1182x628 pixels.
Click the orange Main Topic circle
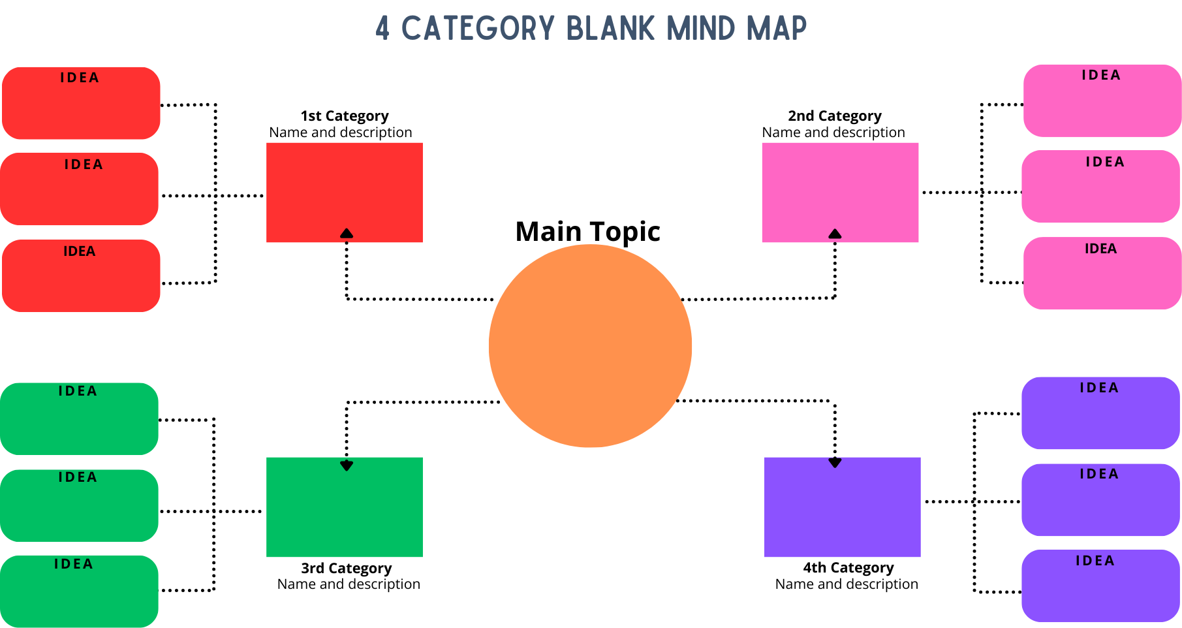pos(590,346)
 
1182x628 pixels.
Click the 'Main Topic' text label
pos(587,232)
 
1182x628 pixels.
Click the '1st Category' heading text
pos(345,116)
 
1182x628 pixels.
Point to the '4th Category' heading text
pos(848,567)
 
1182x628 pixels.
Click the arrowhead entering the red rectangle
pos(347,233)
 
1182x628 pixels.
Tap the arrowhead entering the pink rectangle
pos(835,234)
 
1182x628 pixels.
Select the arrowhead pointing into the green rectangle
pos(347,465)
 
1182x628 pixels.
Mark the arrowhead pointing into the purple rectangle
pos(835,463)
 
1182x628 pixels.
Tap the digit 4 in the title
pos(382,29)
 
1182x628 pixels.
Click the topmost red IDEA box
pos(81,103)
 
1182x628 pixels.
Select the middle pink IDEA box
pos(1100,187)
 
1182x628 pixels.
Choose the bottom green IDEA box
pos(79,591)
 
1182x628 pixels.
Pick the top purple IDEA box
pos(1100,413)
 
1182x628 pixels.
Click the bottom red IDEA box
pos(81,275)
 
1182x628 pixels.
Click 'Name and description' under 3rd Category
pos(349,584)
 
